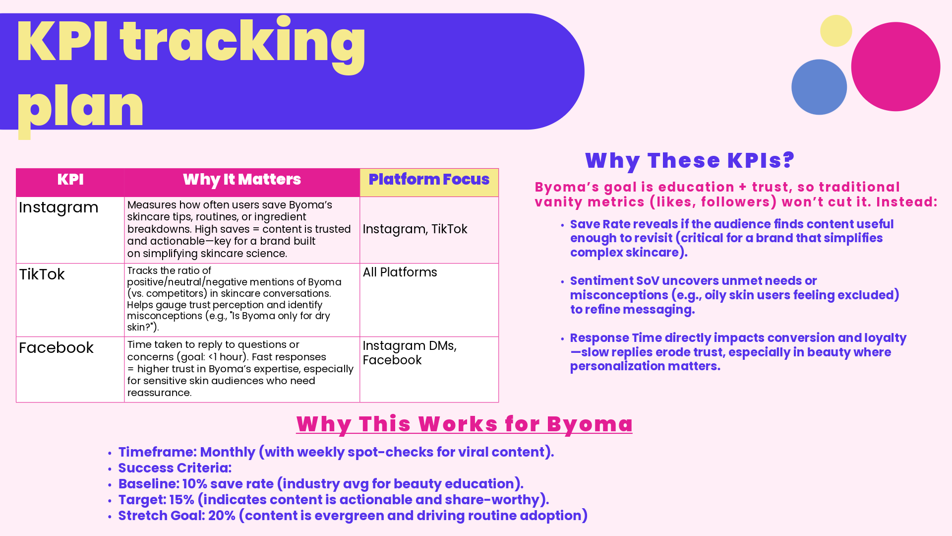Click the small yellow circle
[x=836, y=31]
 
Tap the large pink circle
[x=895, y=67]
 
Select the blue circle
[x=819, y=87]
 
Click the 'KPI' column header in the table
[x=70, y=180]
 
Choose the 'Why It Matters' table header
[x=242, y=180]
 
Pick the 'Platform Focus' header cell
[x=429, y=180]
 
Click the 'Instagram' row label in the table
[x=59, y=207]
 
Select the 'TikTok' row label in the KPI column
[x=42, y=274]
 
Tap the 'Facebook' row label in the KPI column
[x=56, y=348]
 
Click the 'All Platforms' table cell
[x=400, y=272]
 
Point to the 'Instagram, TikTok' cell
[x=415, y=229]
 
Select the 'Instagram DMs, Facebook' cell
[x=410, y=353]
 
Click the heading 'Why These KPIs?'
[x=690, y=161]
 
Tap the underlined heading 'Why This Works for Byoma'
[x=464, y=424]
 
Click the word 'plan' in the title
[x=80, y=107]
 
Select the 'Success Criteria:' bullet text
[x=175, y=468]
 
